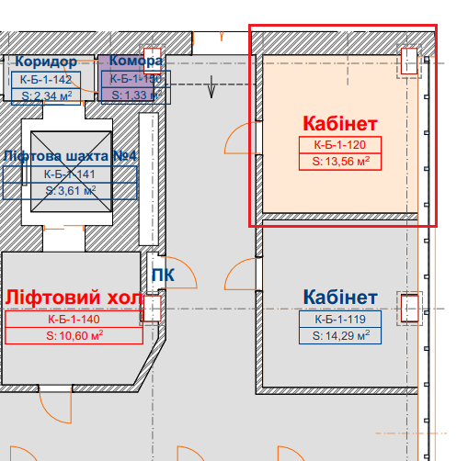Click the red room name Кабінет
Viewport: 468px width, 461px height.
[340, 124]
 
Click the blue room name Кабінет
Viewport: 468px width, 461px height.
[340, 298]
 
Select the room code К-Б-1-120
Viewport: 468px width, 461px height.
[340, 145]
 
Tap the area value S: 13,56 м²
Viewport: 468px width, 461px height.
[341, 161]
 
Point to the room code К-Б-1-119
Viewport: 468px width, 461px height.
[340, 320]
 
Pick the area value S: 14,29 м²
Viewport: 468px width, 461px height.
[341, 335]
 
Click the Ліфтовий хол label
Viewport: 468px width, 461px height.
[74, 298]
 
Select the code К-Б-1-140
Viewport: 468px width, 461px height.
[74, 320]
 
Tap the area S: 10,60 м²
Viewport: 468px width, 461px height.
[74, 335]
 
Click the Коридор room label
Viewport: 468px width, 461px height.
[46, 62]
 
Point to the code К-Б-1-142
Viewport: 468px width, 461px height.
[46, 80]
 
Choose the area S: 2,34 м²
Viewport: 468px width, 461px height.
[47, 96]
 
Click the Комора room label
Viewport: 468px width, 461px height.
[136, 61]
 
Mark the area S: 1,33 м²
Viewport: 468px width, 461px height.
[136, 95]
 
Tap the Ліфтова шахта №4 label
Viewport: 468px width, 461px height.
[70, 156]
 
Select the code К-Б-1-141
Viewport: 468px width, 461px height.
[70, 174]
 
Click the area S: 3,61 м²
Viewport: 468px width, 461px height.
[71, 190]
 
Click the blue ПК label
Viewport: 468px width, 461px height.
[163, 275]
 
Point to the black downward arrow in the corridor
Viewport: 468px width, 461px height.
[211, 87]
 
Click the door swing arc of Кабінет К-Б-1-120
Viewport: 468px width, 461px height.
[233, 131]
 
